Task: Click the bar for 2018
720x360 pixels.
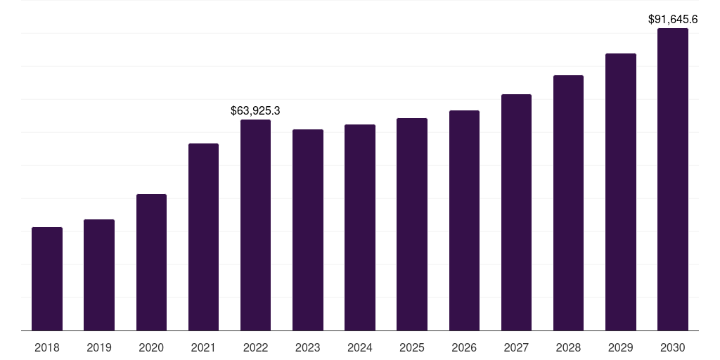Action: pyautogui.click(x=47, y=279)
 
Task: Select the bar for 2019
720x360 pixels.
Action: pyautogui.click(x=99, y=275)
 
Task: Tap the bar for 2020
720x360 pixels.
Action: pyautogui.click(x=151, y=262)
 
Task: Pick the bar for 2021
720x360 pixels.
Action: pyautogui.click(x=203, y=237)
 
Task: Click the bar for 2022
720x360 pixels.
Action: pyautogui.click(x=255, y=225)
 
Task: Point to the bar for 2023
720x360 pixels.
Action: pyautogui.click(x=308, y=230)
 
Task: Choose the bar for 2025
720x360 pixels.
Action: pyautogui.click(x=412, y=224)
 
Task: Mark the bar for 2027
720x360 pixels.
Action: pyautogui.click(x=516, y=212)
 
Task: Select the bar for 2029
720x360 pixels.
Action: pyautogui.click(x=621, y=192)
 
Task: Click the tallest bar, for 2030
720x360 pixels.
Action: pyautogui.click(x=673, y=179)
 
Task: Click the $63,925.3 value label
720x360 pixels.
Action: pyautogui.click(x=255, y=110)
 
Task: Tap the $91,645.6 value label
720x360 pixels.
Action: pyautogui.click(x=673, y=20)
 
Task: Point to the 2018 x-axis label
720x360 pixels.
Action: pyautogui.click(x=47, y=347)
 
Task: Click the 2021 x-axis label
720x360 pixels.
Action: pyautogui.click(x=203, y=347)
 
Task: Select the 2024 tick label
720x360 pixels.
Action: pyautogui.click(x=360, y=347)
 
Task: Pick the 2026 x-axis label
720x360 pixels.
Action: pyautogui.click(x=464, y=347)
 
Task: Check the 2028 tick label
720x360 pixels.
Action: pyautogui.click(x=568, y=347)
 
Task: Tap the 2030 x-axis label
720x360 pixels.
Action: pyautogui.click(x=673, y=347)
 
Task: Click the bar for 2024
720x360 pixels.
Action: pyautogui.click(x=360, y=228)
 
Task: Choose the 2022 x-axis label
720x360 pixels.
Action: pyautogui.click(x=255, y=347)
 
